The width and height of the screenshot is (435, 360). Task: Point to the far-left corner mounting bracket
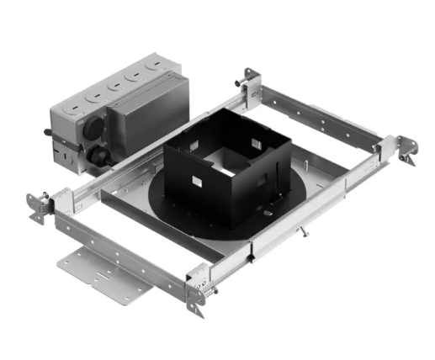40,207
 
